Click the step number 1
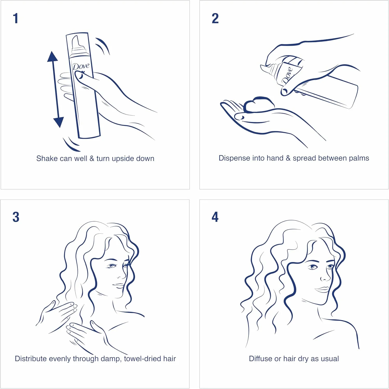tap(16, 18)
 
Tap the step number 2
tap(215, 18)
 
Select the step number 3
tap(16, 217)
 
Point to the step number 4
tap(215, 217)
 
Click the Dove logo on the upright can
tap(81, 66)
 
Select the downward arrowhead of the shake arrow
tap(59, 122)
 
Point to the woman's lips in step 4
tap(322, 289)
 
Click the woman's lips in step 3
tap(119, 285)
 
